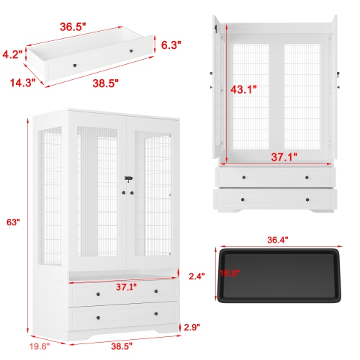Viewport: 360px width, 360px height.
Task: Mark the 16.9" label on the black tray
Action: tap(229, 273)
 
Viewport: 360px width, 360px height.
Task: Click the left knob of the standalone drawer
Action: tap(74, 66)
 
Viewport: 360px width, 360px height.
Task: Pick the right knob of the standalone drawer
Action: tap(131, 51)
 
